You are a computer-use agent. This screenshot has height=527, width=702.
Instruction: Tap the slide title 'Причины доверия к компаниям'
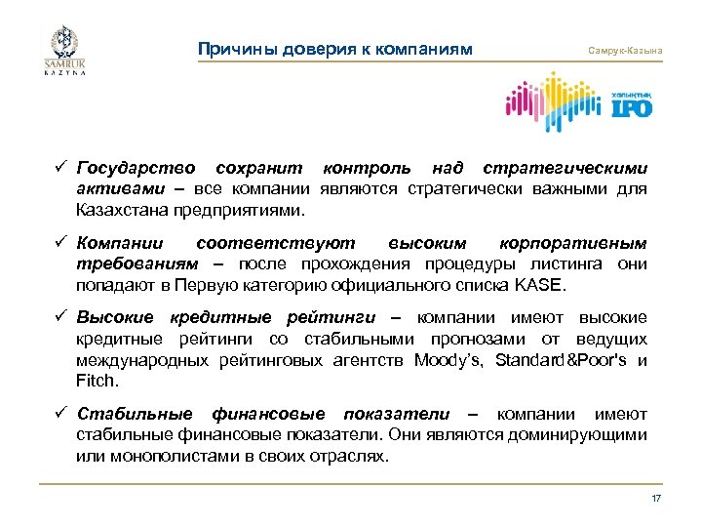334,49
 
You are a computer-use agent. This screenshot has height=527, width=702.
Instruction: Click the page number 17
656,499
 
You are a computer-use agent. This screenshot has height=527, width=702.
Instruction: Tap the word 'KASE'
541,286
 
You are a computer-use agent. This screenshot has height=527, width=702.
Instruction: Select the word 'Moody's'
448,360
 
